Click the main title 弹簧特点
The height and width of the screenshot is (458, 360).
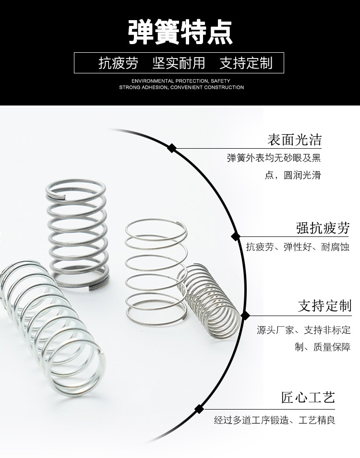(x=180, y=33)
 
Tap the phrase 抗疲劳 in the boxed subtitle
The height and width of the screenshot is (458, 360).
(x=118, y=63)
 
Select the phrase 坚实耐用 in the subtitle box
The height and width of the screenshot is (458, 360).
(x=179, y=63)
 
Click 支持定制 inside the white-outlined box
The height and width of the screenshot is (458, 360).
(x=246, y=63)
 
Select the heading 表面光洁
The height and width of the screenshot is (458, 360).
(x=294, y=140)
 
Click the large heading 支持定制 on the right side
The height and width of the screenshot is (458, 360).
(x=324, y=305)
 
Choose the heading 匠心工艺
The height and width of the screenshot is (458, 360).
(x=308, y=398)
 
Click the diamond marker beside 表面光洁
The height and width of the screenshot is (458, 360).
(x=171, y=148)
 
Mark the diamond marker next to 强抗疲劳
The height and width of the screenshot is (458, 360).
(x=236, y=236)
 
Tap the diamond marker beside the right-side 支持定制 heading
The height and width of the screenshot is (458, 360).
(x=245, y=315)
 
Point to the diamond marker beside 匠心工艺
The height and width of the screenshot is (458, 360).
(x=198, y=409)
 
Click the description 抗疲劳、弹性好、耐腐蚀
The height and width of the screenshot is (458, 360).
(x=297, y=247)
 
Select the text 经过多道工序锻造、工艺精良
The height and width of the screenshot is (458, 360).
(x=275, y=421)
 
